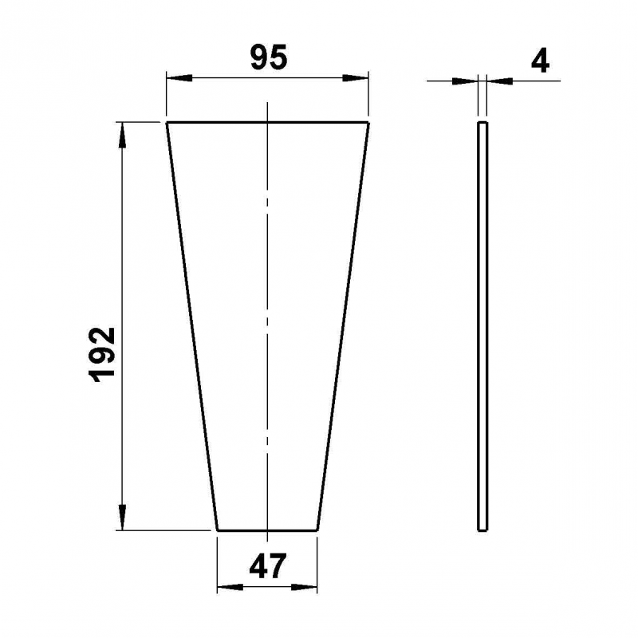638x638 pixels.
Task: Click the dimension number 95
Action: [x=269, y=57]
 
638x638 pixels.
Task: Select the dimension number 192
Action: [x=102, y=354]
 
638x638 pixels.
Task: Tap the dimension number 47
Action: [x=268, y=566]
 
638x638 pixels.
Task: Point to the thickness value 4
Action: [x=541, y=61]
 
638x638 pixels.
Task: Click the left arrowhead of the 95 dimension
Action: [x=179, y=77]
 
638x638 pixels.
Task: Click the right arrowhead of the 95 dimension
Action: [x=355, y=77]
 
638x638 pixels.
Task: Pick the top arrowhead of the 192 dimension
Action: [x=122, y=135]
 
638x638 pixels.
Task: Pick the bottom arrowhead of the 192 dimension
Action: [x=122, y=517]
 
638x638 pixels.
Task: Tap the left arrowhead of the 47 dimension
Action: [x=230, y=587]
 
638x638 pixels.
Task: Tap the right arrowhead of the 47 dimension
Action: [x=305, y=587]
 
